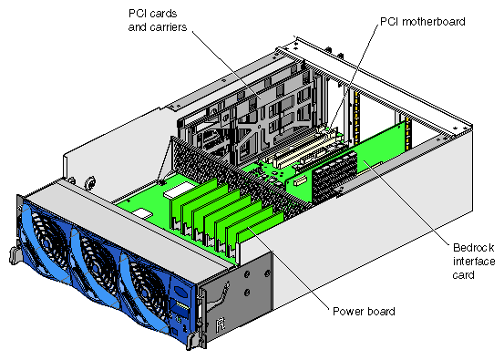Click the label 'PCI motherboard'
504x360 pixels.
click(423, 22)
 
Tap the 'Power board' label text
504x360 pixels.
click(364, 311)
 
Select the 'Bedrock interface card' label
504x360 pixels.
click(473, 262)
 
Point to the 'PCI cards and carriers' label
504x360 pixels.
click(157, 20)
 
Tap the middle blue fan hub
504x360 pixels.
click(96, 267)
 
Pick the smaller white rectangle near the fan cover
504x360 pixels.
click(142, 213)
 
